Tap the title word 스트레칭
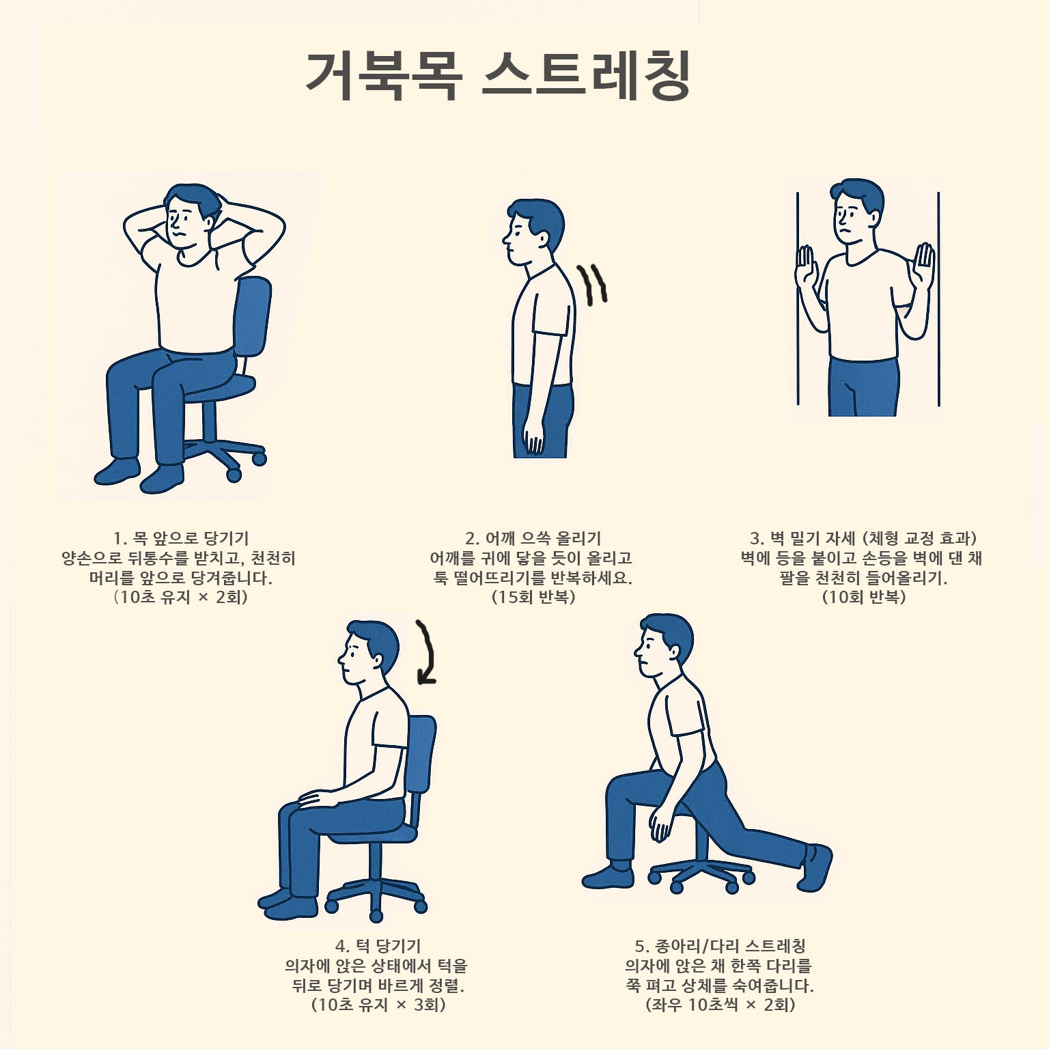pyautogui.click(x=587, y=75)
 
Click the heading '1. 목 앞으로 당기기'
pyautogui.click(x=181, y=538)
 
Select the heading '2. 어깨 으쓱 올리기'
pyautogui.click(x=533, y=538)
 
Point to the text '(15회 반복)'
pyautogui.click(x=533, y=597)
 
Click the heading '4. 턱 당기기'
pyautogui.click(x=378, y=946)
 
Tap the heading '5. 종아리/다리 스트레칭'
pyautogui.click(x=720, y=946)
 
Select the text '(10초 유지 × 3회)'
pyautogui.click(x=378, y=1005)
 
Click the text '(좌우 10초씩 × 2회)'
pyautogui.click(x=720, y=1005)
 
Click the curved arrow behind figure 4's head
pyautogui.click(x=426, y=652)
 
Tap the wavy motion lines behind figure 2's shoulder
pyautogui.click(x=592, y=283)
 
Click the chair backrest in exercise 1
pyautogui.click(x=253, y=314)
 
